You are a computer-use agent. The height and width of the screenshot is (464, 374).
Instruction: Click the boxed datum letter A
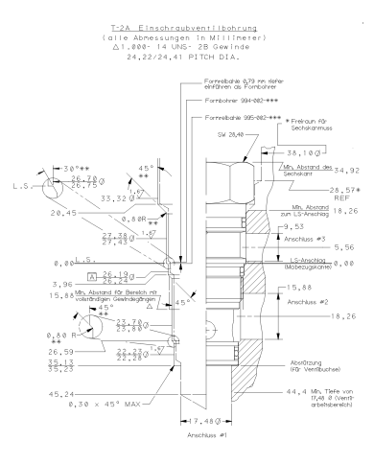(91, 275)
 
